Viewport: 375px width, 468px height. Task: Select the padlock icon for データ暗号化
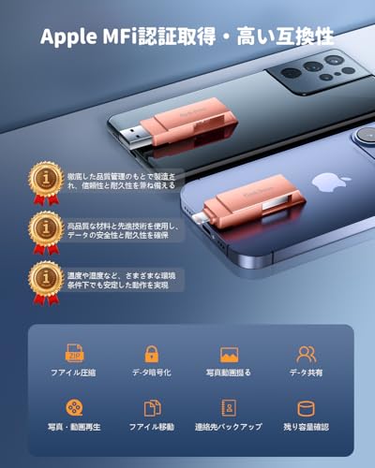[x=152, y=354]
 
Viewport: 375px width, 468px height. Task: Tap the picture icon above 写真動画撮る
[x=229, y=355]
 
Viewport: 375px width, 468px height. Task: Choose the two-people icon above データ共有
[x=307, y=354]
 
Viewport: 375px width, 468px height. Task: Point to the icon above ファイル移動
[x=152, y=408]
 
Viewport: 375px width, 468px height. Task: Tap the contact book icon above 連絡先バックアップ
[x=229, y=408]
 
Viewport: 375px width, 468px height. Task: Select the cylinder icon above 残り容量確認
[x=307, y=408]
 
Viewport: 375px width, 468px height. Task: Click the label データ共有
[x=307, y=373]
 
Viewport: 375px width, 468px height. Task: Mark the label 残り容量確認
[x=307, y=427]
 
